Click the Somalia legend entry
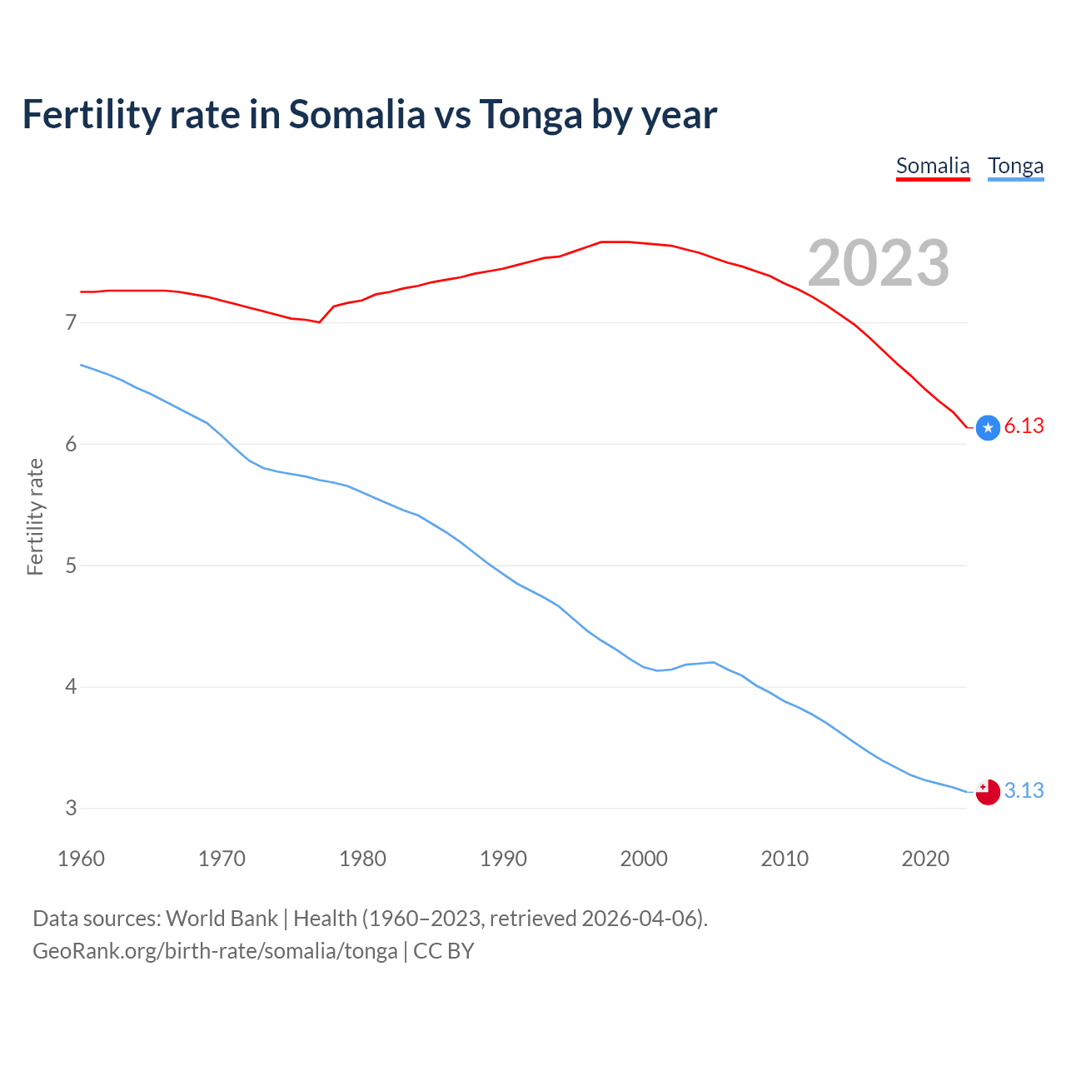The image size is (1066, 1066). [x=933, y=166]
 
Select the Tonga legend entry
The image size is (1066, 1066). [x=1015, y=166]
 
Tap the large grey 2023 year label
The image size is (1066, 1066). [x=878, y=263]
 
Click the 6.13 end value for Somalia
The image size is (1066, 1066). [x=1024, y=426]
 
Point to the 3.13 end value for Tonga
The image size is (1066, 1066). [x=1024, y=790]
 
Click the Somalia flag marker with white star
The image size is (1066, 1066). [x=988, y=428]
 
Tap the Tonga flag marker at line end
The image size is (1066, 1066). [x=988, y=792]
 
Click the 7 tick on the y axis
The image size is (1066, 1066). [x=71, y=322]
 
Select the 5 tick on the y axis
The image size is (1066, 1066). [x=71, y=565]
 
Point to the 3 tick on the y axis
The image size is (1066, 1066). [x=71, y=809]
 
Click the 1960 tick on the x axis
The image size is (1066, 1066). [x=81, y=859]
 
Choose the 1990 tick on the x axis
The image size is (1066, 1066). [x=503, y=859]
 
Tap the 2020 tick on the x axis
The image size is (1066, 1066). [x=925, y=859]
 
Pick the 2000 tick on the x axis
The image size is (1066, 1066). [x=644, y=859]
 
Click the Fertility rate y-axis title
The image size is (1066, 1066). [x=35, y=516]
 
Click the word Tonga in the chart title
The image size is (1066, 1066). [x=530, y=115]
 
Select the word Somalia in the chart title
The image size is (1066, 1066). [x=356, y=114]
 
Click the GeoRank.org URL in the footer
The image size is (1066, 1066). [x=215, y=951]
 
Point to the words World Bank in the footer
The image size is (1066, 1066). [x=222, y=919]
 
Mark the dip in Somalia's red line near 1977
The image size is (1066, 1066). [x=319, y=321]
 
